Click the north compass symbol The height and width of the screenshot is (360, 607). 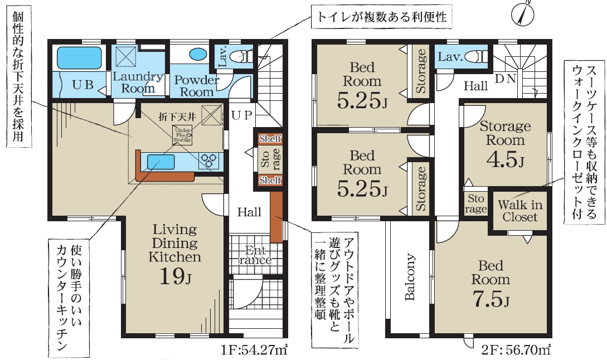pos(523,13)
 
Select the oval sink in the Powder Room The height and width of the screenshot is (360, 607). pos(198,54)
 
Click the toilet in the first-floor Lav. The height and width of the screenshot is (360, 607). pos(240,57)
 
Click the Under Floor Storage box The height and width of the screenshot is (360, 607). pos(182,135)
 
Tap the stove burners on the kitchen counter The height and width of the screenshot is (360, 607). pos(208,160)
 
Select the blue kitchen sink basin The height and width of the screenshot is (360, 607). pos(161,161)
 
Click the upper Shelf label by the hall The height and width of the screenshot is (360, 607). pos(270,139)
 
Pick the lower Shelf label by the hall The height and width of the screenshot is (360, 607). pos(270,180)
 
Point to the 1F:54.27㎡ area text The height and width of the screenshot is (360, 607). pos(254,350)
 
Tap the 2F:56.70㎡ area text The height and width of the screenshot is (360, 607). pos(516,350)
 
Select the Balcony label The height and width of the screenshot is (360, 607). pos(410,277)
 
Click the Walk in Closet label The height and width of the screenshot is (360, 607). pos(520,211)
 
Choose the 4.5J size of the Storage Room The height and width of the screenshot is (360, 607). pos(505,159)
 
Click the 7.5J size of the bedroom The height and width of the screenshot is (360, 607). pos(491,299)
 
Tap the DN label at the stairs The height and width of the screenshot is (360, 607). pos(506,79)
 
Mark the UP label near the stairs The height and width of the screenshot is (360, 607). pos(242,115)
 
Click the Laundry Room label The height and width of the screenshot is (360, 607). pos(138,82)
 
